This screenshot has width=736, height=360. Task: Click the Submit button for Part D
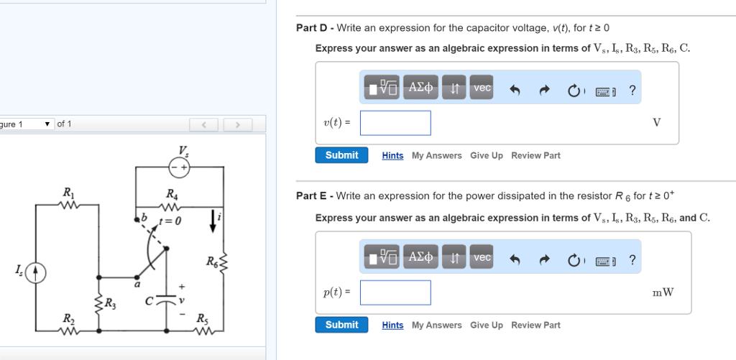point(341,155)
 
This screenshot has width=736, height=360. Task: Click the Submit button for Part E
point(341,325)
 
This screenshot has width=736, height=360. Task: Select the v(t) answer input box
point(395,123)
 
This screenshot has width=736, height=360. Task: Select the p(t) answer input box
point(395,292)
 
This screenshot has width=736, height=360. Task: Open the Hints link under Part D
point(392,156)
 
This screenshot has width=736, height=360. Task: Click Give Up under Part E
point(486,326)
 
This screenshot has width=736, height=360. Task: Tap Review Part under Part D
point(535,156)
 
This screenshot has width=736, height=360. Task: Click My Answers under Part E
point(436,326)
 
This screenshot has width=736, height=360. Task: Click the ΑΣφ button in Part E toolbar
point(420,257)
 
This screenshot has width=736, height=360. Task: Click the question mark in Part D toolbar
point(632,90)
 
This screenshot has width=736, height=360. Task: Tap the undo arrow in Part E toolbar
point(515,260)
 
